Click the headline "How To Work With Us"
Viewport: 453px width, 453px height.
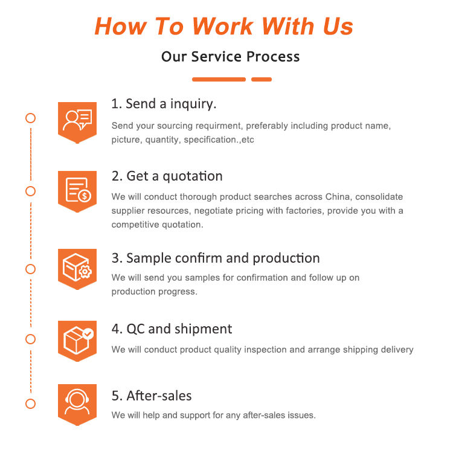pyautogui.click(x=224, y=26)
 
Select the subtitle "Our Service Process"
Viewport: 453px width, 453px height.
pyautogui.click(x=230, y=57)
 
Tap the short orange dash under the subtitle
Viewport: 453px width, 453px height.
pyautogui.click(x=261, y=79)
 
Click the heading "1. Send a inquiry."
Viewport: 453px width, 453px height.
pyautogui.click(x=164, y=104)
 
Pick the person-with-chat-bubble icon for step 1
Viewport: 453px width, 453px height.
pyautogui.click(x=77, y=121)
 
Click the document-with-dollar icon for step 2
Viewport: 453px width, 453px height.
pyautogui.click(x=77, y=190)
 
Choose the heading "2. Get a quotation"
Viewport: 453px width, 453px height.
pyautogui.click(x=167, y=176)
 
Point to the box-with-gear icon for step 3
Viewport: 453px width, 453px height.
pyautogui.click(x=77, y=266)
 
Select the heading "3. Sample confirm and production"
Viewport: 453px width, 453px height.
pyautogui.click(x=216, y=258)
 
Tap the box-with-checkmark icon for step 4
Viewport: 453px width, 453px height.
pyautogui.click(x=77, y=339)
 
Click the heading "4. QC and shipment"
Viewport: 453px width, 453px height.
pyautogui.click(x=172, y=329)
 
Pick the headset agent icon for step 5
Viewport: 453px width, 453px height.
pyautogui.click(x=77, y=402)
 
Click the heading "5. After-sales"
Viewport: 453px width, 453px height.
pyautogui.click(x=152, y=396)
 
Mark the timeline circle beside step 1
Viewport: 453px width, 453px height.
pyautogui.click(x=30, y=118)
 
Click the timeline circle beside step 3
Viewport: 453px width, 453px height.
pyautogui.click(x=30, y=268)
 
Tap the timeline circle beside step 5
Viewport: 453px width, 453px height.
pyautogui.click(x=30, y=403)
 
